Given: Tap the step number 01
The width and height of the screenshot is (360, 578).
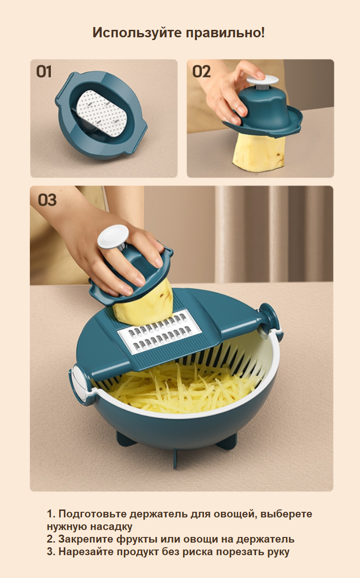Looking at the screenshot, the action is [44, 71].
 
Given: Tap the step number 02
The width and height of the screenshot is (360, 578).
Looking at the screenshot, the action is [201, 71].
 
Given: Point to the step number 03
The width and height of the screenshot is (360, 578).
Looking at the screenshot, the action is [47, 200].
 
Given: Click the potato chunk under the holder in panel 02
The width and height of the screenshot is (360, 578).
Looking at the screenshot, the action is [259, 153].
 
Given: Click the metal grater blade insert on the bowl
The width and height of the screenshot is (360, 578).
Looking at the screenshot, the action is [159, 333].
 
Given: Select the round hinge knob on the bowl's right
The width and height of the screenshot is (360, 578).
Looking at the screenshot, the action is [269, 320].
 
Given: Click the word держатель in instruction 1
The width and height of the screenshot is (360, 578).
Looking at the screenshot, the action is [159, 514].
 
